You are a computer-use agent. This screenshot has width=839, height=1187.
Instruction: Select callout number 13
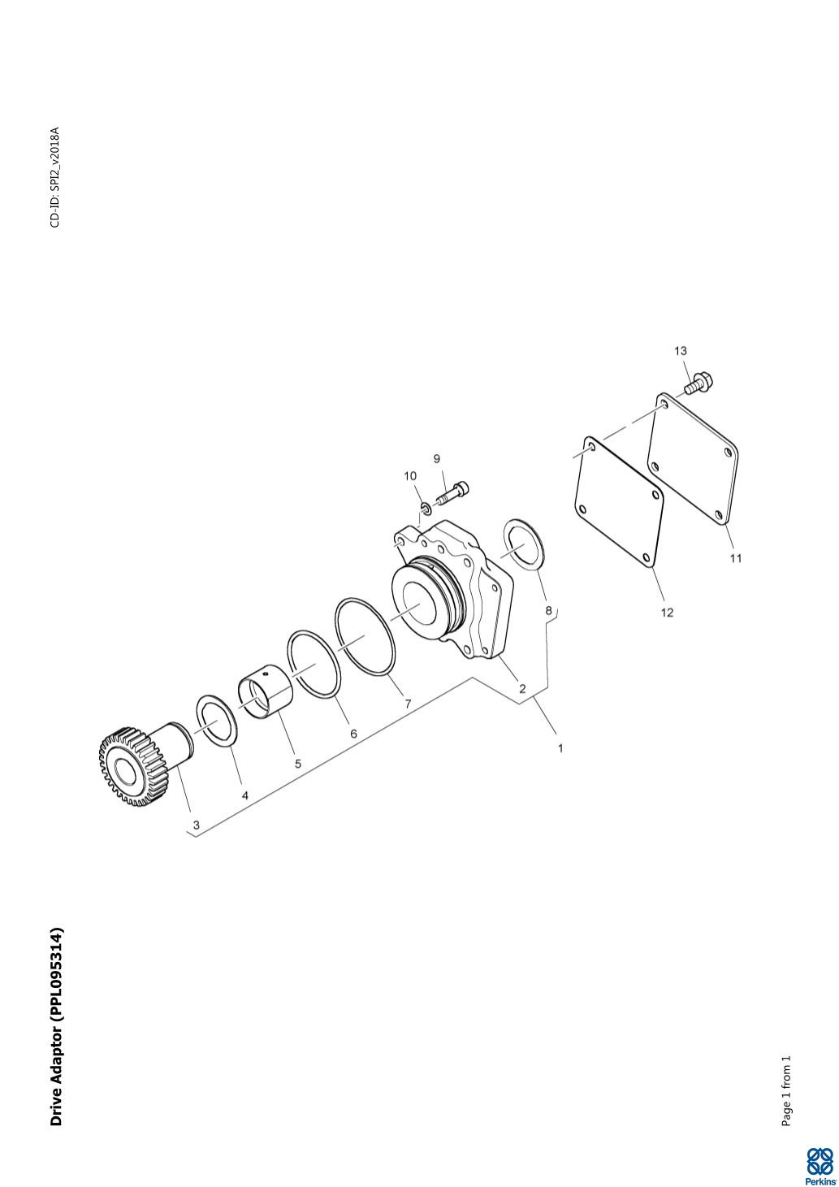[x=680, y=351]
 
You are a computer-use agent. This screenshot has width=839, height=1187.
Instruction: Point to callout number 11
[x=736, y=558]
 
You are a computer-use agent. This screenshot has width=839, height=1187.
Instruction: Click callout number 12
[x=667, y=613]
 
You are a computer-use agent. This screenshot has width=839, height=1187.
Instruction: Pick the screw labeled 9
[x=453, y=492]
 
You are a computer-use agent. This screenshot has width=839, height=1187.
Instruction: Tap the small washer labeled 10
[x=424, y=509]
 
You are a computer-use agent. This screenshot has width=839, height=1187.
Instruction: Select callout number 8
[x=549, y=610]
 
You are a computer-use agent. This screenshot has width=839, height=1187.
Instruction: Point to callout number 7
[x=408, y=704]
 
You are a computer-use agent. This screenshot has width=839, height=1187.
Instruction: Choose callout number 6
[x=353, y=734]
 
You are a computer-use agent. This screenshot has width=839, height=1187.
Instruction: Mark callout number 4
[x=244, y=795]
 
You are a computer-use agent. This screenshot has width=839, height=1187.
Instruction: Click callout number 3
[x=197, y=825]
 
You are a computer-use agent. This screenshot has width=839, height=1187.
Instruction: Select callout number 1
[x=560, y=748]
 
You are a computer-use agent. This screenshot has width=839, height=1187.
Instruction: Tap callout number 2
[x=522, y=689]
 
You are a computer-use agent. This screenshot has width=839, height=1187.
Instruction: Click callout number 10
[x=410, y=476]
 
